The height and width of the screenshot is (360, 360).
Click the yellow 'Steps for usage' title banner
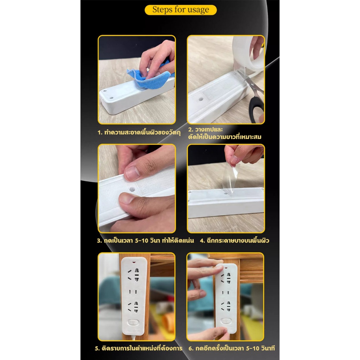(180, 10)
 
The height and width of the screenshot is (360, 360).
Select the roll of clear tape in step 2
(248, 56)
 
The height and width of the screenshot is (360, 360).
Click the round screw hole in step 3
(132, 189)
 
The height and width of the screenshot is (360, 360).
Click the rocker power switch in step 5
(133, 322)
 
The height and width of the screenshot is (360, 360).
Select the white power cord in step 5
(133, 337)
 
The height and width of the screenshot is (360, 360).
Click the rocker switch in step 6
(226, 321)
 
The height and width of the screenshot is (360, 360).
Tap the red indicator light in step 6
(226, 268)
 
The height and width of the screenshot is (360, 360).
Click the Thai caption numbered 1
(139, 133)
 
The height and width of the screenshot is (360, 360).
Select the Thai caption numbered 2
(225, 133)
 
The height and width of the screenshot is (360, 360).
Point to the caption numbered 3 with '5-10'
(145, 240)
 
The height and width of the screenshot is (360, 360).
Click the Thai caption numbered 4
(234, 240)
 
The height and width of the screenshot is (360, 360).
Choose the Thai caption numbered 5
(139, 348)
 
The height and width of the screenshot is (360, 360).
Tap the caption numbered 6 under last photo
(232, 348)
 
